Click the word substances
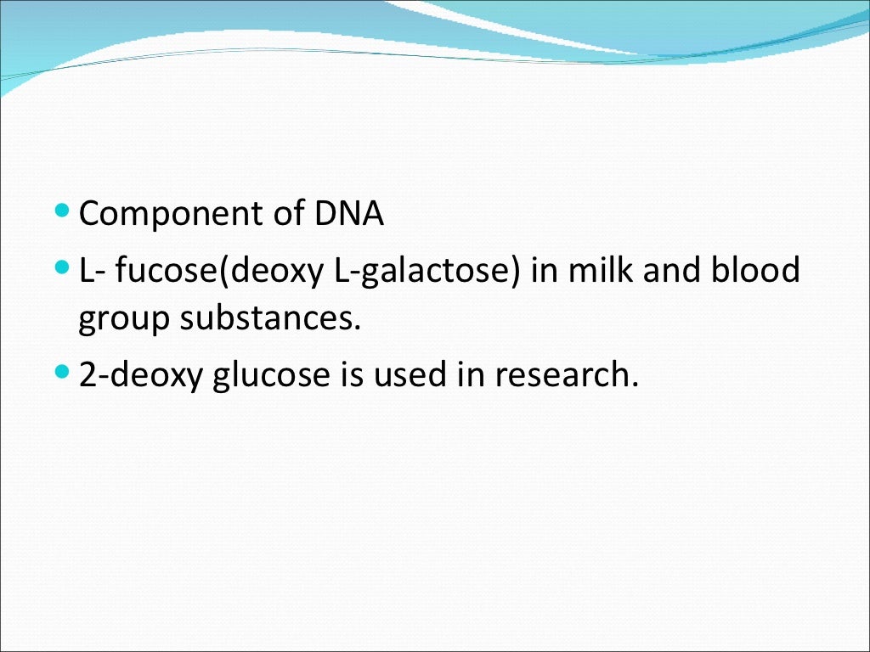point(270,321)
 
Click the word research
point(565,375)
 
